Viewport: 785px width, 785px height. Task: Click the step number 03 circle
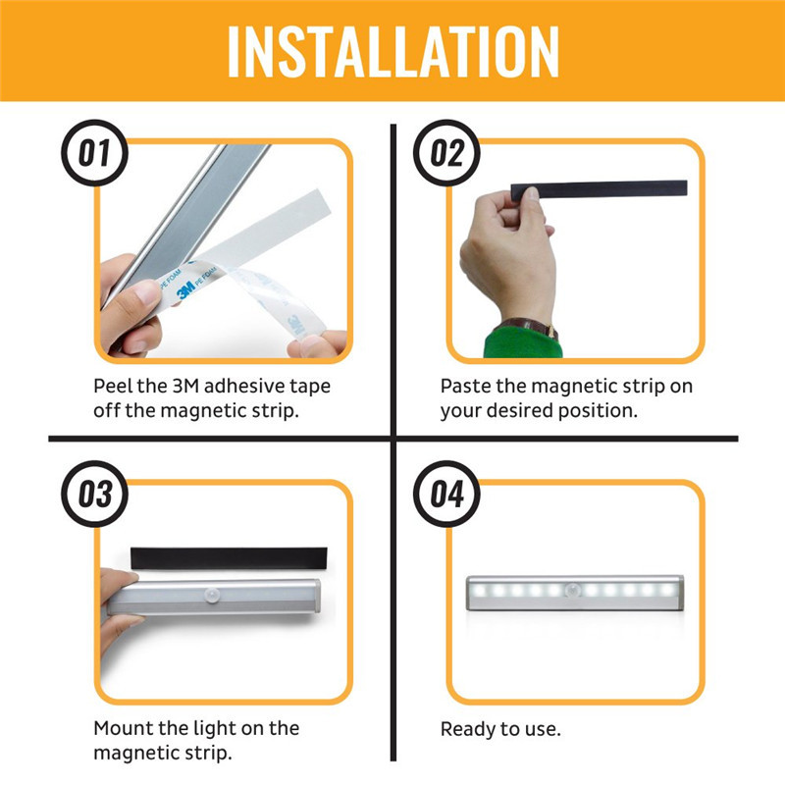click(x=95, y=494)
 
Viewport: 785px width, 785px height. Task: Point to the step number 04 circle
click(x=446, y=494)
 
